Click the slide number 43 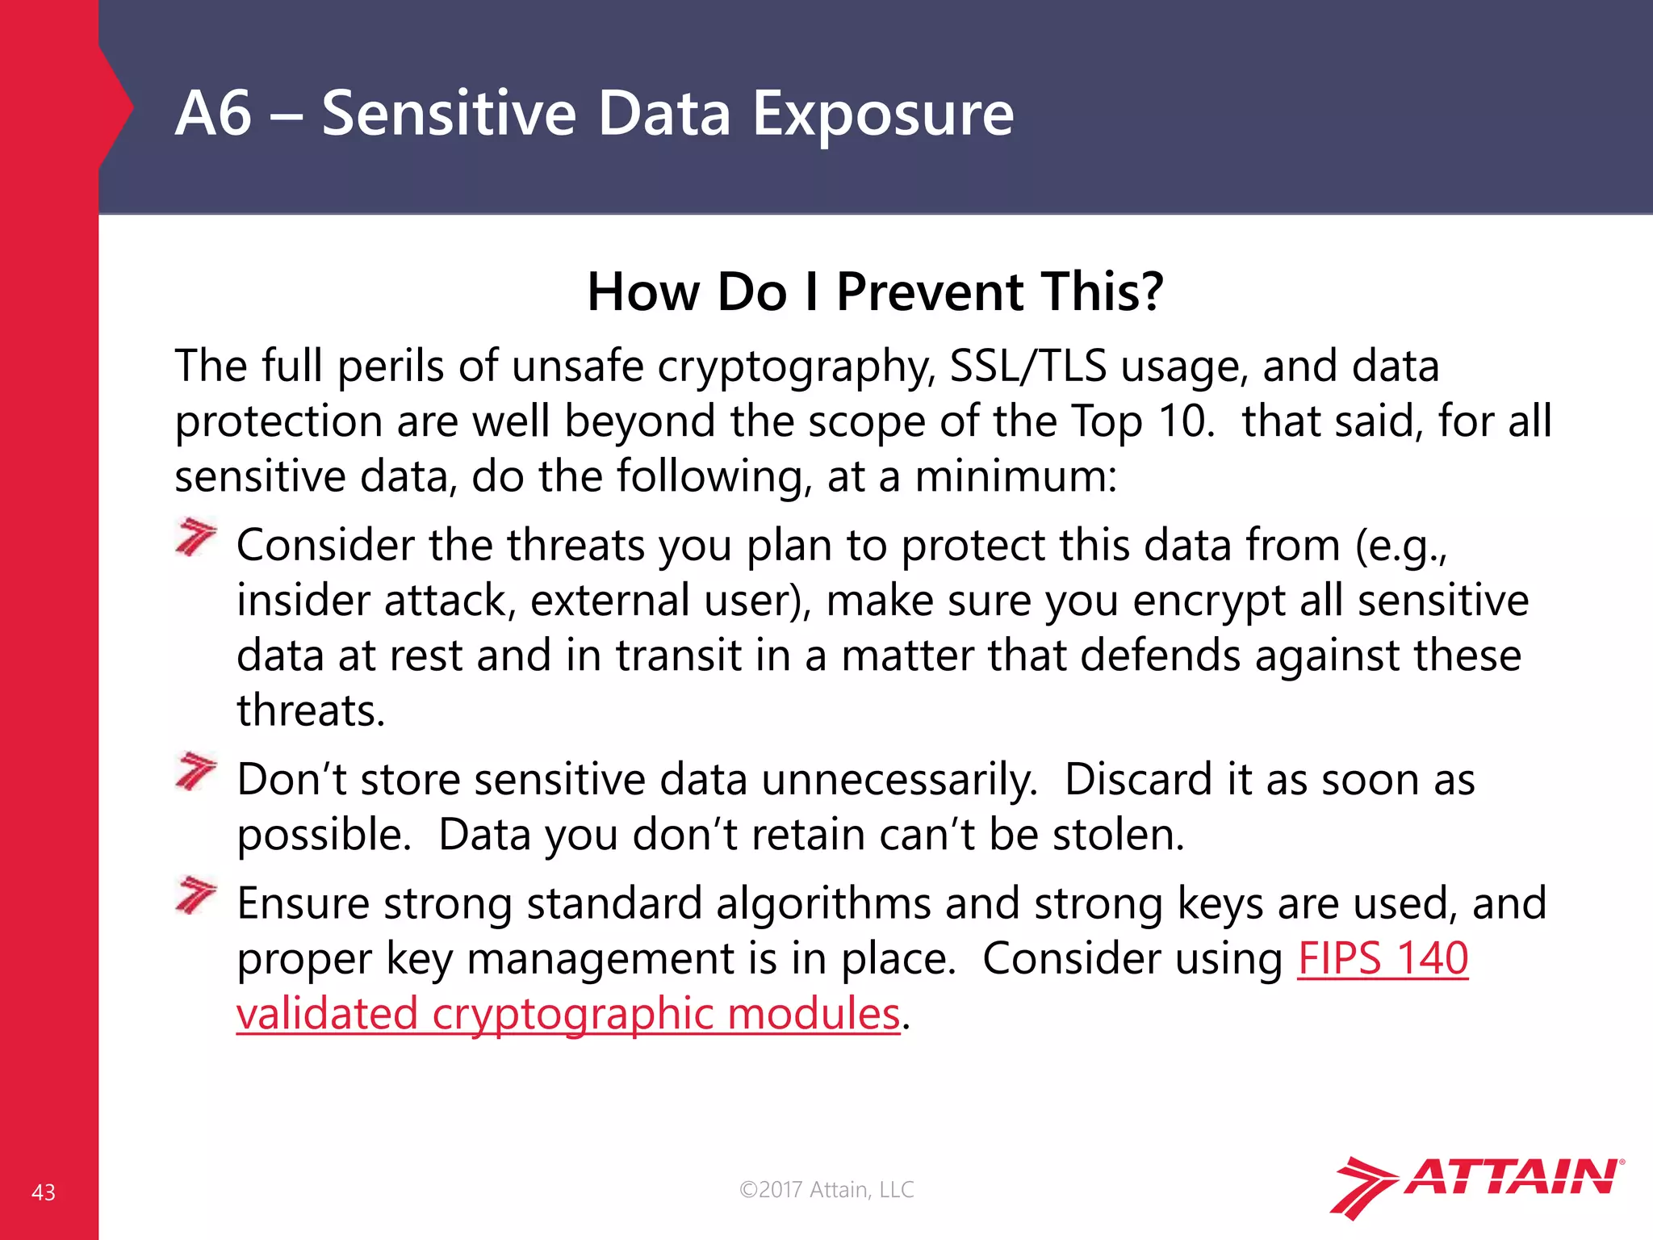[x=44, y=1192]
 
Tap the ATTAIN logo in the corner [x=1477, y=1184]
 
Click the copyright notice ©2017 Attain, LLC [x=826, y=1189]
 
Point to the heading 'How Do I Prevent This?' [x=875, y=291]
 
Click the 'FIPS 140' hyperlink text [x=1383, y=958]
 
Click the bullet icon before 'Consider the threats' [x=196, y=537]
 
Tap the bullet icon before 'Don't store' [x=196, y=771]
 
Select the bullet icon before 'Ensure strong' [x=196, y=894]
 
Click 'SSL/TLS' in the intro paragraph [x=1027, y=366]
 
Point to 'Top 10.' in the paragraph [x=1142, y=421]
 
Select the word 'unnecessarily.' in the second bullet [x=900, y=780]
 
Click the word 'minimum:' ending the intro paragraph [x=1015, y=476]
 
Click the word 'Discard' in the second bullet [x=1132, y=780]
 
